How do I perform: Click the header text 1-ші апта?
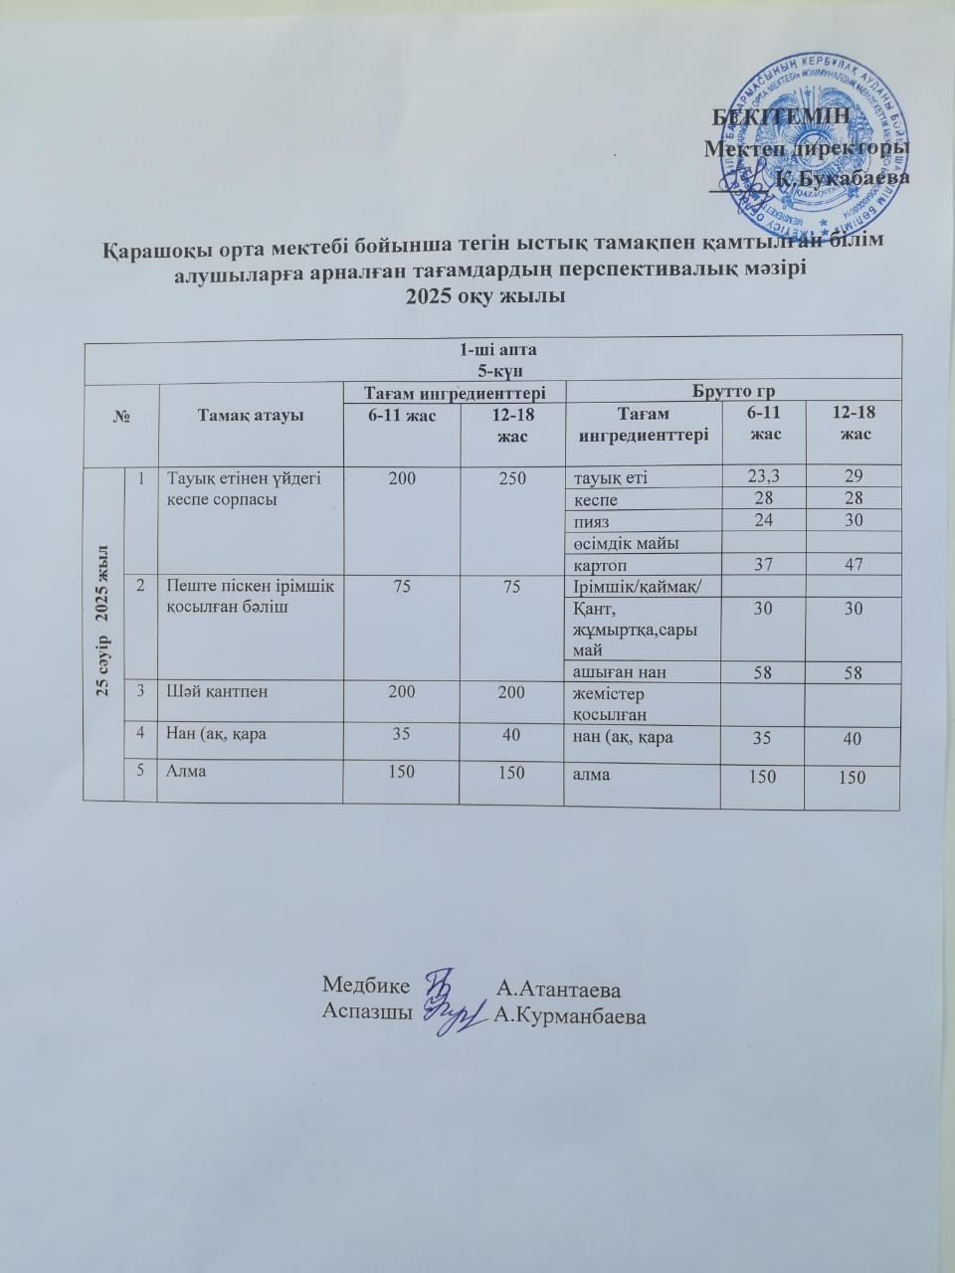(x=488, y=348)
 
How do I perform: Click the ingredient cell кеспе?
(x=596, y=499)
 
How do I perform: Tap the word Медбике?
(x=366, y=987)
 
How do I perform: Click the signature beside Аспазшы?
(x=454, y=1014)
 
